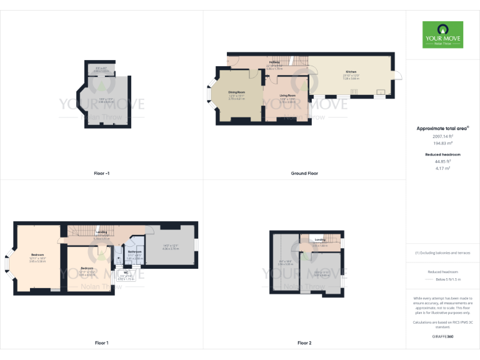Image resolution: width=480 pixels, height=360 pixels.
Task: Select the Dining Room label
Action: point(236,92)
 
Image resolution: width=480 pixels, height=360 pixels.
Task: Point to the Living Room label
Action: point(287,96)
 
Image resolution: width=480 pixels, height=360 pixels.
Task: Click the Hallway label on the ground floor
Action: point(274,62)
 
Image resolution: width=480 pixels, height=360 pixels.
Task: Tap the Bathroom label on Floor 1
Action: point(135,252)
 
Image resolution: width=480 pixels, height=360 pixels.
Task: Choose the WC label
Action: point(126,272)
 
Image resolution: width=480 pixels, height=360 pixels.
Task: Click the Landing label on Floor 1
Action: point(101,232)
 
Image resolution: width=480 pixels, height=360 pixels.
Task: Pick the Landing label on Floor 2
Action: point(320,239)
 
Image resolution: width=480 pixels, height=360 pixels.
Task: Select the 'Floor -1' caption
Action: point(101,173)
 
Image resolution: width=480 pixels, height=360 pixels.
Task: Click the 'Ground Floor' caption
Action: point(304,173)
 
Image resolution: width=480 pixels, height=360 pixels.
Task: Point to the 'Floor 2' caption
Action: point(304,343)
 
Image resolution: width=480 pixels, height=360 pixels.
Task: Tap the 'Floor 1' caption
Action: point(101,343)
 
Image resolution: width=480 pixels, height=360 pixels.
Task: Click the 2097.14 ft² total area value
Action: point(442,136)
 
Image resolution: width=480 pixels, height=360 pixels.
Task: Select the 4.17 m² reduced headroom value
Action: point(442,168)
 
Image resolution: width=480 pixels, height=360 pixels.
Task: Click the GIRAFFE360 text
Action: point(442,337)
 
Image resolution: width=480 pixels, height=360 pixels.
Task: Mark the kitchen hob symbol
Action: point(354,92)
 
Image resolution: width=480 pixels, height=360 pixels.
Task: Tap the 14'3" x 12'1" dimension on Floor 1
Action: point(171,245)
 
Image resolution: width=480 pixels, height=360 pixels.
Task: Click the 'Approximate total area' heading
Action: point(442,128)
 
